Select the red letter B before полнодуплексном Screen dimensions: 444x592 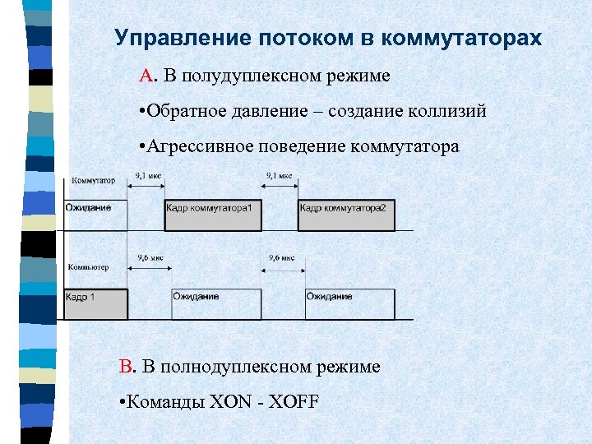pos(126,366)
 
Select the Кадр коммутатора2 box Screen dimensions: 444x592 pos(347,215)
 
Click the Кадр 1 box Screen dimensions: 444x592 pos(95,303)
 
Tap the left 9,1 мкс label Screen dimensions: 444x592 pos(148,175)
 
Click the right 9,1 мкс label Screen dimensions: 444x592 pos(280,175)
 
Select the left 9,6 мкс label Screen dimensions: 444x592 pos(150,257)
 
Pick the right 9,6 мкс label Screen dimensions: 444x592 pos(281,257)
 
